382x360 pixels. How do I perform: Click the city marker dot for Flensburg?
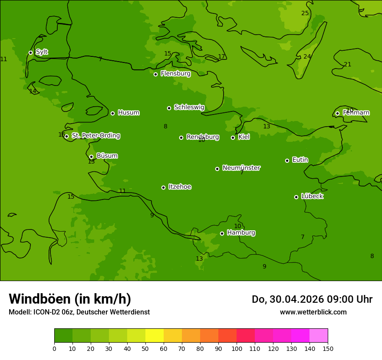click(x=155, y=74)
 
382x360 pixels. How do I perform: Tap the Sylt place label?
click(x=42, y=52)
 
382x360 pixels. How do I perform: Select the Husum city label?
click(x=128, y=113)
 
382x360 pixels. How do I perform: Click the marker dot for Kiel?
click(x=233, y=137)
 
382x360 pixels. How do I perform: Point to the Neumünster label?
click(x=241, y=168)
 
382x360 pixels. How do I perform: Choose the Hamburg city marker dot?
click(x=222, y=233)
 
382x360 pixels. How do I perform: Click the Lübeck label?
click(x=312, y=196)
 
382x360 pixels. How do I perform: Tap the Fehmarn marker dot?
click(x=337, y=113)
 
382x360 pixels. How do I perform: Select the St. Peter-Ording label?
click(x=96, y=136)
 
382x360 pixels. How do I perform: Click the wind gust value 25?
click(x=305, y=13)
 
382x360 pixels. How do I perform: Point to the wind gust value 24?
click(x=307, y=57)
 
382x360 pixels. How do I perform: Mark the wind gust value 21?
click(x=348, y=65)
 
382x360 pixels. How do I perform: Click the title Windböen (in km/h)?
click(x=70, y=299)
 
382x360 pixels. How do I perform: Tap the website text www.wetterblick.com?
click(x=313, y=312)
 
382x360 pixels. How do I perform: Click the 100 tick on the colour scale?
click(x=237, y=348)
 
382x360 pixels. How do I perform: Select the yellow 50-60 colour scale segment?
click(x=155, y=335)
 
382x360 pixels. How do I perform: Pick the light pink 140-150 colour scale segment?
click(x=319, y=335)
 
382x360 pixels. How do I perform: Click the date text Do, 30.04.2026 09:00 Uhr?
click(x=312, y=299)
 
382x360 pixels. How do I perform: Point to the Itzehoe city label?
click(x=180, y=187)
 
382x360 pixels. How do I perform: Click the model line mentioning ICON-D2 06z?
click(x=79, y=312)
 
